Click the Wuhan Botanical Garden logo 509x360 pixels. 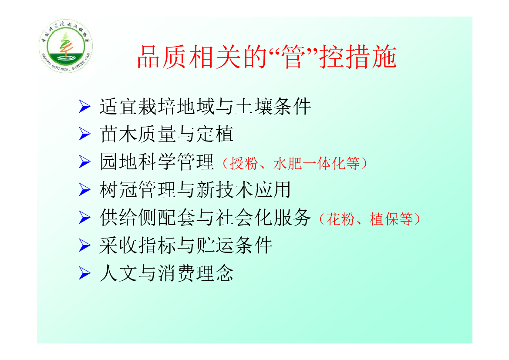pos(66,46)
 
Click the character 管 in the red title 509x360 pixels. pos(293,57)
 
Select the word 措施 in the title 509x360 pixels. pos(371,57)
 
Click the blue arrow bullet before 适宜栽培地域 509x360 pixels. pos(84,107)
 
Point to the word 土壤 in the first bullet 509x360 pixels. pos(253,107)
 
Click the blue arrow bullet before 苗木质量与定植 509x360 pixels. pos(84,134)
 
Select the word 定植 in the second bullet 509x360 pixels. pos(215,134)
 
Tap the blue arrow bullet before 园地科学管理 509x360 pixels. pos(84,161)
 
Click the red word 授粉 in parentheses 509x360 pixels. pos(244,163)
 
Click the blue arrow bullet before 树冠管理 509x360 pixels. pos(84,189)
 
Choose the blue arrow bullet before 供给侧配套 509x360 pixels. pos(84,218)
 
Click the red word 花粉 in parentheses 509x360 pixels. pos(340,219)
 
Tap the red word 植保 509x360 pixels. pos(384,219)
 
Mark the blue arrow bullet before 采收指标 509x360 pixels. pos(84,246)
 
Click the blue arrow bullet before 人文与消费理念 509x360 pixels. pos(84,273)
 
